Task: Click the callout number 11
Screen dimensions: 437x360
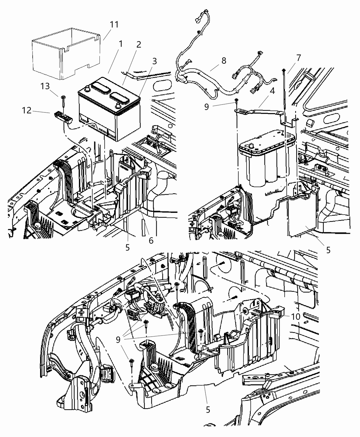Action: point(114,25)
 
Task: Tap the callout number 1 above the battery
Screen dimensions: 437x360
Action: point(120,44)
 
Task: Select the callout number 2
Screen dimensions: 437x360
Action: point(138,45)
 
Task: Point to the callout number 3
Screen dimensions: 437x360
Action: point(155,61)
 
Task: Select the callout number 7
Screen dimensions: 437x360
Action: point(299,58)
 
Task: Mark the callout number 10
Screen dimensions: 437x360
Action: point(296,316)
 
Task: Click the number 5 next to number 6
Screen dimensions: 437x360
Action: point(128,247)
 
